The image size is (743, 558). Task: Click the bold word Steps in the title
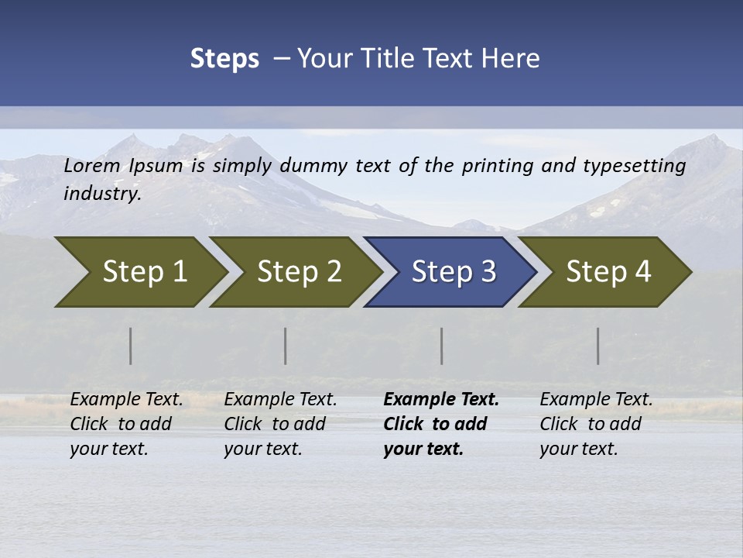[224, 59]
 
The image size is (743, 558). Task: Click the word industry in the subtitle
[101, 193]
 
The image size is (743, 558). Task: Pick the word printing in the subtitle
[495, 166]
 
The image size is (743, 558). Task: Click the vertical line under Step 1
[131, 346]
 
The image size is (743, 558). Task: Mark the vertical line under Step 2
[286, 346]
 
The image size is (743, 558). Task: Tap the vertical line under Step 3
[442, 346]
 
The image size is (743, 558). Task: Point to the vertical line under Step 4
[598, 346]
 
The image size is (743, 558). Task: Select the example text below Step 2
[279, 424]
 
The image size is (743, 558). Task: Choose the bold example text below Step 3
[440, 424]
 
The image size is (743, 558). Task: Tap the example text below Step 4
[595, 424]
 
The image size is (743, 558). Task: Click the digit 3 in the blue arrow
[488, 272]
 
